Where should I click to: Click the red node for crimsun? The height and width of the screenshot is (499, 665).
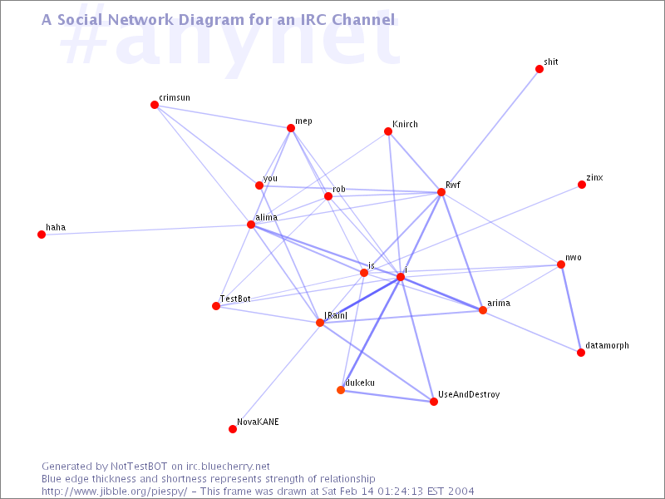[x=155, y=105]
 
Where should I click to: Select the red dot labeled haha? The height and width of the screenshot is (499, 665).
[x=42, y=235]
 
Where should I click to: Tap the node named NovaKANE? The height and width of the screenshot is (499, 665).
[x=233, y=429]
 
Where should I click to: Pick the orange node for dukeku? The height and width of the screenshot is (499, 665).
[x=341, y=390]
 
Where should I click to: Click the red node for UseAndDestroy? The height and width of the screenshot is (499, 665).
[x=434, y=402]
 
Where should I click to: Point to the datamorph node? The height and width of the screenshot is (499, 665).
[x=581, y=353]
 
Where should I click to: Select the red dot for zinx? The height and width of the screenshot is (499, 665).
[x=582, y=185]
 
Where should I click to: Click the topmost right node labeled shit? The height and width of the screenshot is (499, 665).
[x=539, y=69]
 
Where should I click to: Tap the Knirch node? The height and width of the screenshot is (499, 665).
[x=387, y=131]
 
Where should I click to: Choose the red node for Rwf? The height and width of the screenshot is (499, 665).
[x=441, y=192]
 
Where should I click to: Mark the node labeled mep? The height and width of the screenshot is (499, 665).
[x=291, y=128]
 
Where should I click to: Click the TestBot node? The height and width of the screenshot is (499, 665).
[x=216, y=306]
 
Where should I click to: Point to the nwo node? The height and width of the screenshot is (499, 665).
[x=561, y=264]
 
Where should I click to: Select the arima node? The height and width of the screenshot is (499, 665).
[x=483, y=310]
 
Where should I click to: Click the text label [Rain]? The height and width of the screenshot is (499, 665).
[x=336, y=315]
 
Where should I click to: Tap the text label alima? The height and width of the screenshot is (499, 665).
[x=266, y=218]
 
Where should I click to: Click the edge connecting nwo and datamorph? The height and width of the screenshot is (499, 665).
[x=571, y=309]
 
